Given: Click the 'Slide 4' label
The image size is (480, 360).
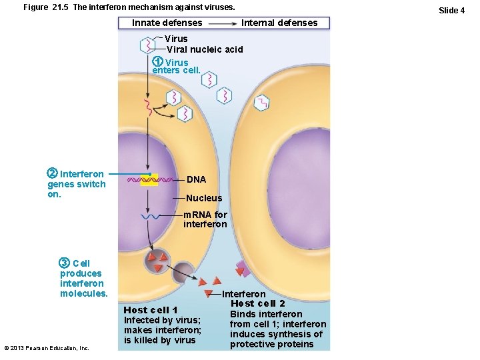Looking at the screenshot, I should pyautogui.click(x=451, y=10).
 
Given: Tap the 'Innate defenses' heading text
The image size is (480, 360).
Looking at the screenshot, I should pyautogui.click(x=167, y=23).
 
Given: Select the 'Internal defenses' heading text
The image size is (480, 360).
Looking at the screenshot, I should pyautogui.click(x=279, y=23).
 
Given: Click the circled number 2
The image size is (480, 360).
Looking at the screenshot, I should pyautogui.click(x=53, y=175).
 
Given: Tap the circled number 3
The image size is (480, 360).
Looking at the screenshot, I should pyautogui.click(x=65, y=263).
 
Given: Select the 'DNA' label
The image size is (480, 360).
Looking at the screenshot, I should pyautogui.click(x=196, y=180).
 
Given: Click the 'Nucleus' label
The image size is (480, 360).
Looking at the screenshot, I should pyautogui.click(x=204, y=198).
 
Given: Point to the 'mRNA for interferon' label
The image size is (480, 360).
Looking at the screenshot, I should pyautogui.click(x=205, y=219).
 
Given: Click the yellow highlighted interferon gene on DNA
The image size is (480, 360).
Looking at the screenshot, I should pyautogui.click(x=149, y=180).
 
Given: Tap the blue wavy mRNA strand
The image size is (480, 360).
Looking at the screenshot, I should pyautogui.click(x=149, y=216).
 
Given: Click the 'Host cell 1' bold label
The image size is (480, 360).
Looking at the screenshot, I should pyautogui.click(x=151, y=310).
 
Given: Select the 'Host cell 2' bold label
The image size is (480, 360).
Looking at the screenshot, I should pyautogui.click(x=258, y=304).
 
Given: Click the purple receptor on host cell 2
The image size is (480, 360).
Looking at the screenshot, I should pyautogui.click(x=243, y=269).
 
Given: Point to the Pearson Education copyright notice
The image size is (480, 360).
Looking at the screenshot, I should pyautogui.click(x=47, y=348).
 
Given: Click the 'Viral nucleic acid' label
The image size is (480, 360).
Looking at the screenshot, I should pyautogui.click(x=205, y=49).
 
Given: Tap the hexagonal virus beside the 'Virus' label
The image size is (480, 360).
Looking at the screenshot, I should pyautogui.click(x=147, y=45).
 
